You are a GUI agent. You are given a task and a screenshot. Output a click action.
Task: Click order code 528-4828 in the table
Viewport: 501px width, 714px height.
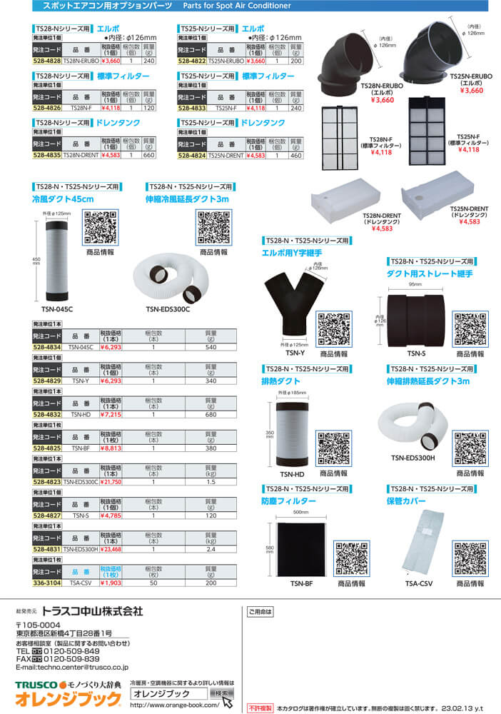(46, 61)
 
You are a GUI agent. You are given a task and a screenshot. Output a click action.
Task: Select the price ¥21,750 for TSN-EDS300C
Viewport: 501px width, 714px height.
(113, 482)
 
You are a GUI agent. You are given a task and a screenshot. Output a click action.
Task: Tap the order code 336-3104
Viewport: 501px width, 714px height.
(47, 582)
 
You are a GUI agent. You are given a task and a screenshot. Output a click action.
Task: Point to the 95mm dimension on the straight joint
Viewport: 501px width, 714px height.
(415, 283)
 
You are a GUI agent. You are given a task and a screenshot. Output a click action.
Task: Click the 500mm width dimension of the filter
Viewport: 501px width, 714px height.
(300, 512)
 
